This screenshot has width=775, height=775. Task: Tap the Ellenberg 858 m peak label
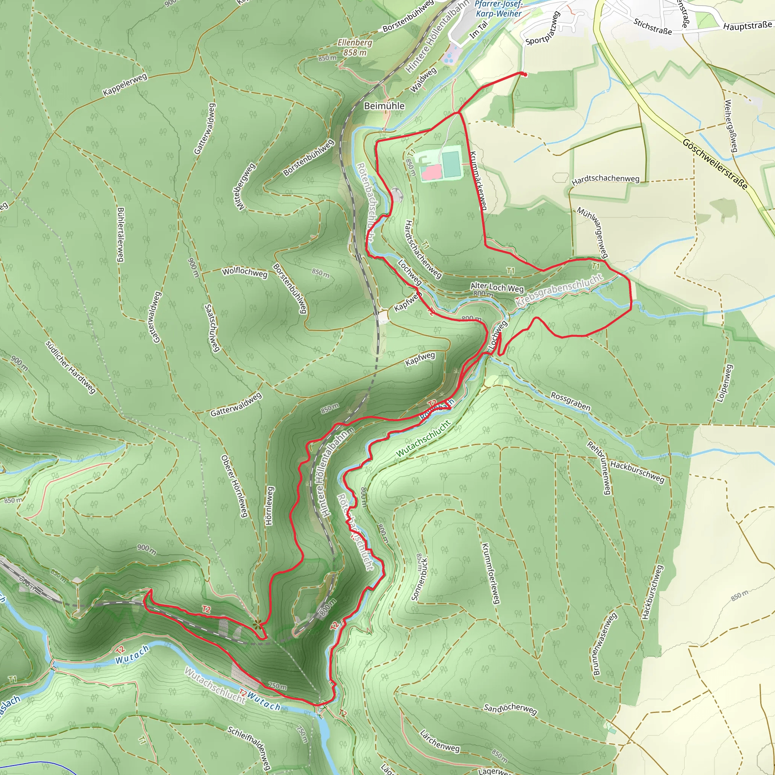[355, 47]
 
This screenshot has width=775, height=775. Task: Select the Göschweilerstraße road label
[715, 164]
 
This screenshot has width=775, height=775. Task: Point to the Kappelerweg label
[125, 85]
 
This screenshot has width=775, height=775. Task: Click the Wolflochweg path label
[245, 272]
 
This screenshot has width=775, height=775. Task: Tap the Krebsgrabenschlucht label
[559, 290]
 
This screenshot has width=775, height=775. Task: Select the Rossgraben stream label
[570, 402]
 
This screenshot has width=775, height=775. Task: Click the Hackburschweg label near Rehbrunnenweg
[637, 472]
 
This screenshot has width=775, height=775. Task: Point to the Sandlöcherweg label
[510, 709]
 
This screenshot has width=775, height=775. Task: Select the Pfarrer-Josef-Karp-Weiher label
[499, 9]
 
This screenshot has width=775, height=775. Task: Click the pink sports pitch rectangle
[431, 172]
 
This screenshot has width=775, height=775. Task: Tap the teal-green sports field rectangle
[452, 162]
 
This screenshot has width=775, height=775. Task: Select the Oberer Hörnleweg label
[234, 486]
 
